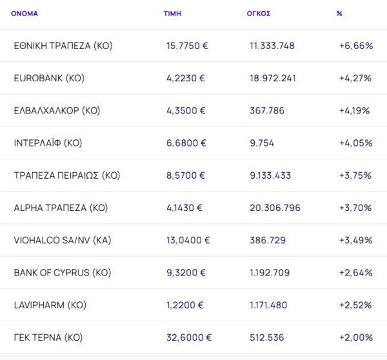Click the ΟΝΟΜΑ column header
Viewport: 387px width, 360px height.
coord(25,13)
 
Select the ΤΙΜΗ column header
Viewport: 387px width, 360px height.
coord(172,13)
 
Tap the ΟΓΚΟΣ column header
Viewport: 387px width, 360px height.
coord(258,13)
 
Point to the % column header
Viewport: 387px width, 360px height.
coord(339,13)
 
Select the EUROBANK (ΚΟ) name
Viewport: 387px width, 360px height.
coord(49,78)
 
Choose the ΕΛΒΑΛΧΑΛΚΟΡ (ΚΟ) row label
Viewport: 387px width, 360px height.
coord(57,110)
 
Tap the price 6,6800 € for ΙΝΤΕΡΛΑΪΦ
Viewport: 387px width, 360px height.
coord(186,143)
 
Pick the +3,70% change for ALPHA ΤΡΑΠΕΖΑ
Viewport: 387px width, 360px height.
coord(355,208)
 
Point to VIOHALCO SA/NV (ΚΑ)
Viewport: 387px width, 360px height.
coord(62,240)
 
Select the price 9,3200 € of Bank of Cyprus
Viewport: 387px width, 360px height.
coord(186,272)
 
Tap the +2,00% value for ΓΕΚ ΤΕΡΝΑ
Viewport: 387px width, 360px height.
coord(355,337)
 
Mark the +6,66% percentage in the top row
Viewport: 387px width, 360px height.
coord(355,46)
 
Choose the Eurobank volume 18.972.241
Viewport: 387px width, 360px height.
coord(273,78)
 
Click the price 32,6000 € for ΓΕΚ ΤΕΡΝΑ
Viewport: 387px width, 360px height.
coord(188,337)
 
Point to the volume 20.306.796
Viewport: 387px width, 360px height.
coord(275,208)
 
